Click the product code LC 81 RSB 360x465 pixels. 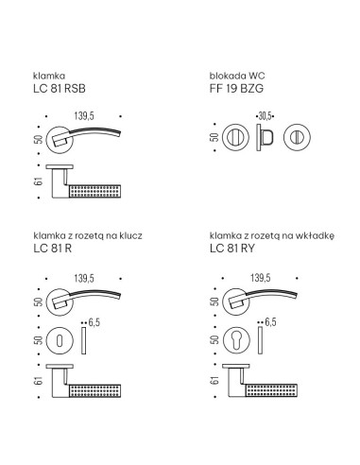coord(60,89)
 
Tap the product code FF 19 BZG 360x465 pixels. coord(236,89)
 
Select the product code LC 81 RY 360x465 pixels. coord(232,249)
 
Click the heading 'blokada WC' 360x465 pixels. coord(237,76)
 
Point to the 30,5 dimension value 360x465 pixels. coord(265,116)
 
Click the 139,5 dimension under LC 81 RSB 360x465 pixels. coord(84,116)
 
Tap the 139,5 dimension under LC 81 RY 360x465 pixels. coord(261,278)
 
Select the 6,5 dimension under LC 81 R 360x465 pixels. coord(94,322)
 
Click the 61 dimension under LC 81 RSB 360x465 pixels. coord(39,181)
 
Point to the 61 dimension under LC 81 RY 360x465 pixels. coord(214,380)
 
